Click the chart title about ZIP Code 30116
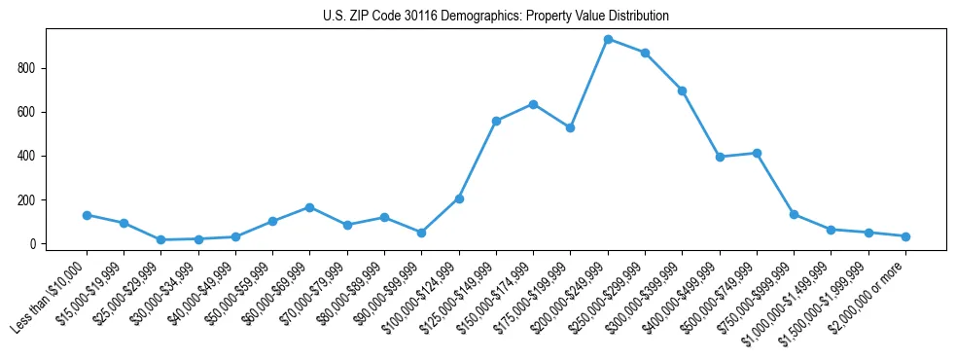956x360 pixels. [x=495, y=17]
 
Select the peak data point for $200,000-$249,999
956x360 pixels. [x=608, y=40]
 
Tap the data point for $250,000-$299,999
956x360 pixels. [x=645, y=53]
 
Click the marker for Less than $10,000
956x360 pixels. [x=87, y=215]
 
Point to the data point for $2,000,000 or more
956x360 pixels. [x=905, y=236]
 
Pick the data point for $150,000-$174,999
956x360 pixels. [x=533, y=104]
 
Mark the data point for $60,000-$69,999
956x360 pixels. [x=309, y=207]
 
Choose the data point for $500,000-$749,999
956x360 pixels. [x=757, y=153]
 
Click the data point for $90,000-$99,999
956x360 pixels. [x=421, y=233]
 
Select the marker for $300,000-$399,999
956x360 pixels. [x=683, y=90]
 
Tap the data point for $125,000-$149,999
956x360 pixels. [x=496, y=121]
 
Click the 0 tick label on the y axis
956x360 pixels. [x=32, y=244]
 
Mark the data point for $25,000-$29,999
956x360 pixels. [x=160, y=239]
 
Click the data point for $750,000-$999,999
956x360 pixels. [x=794, y=214]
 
